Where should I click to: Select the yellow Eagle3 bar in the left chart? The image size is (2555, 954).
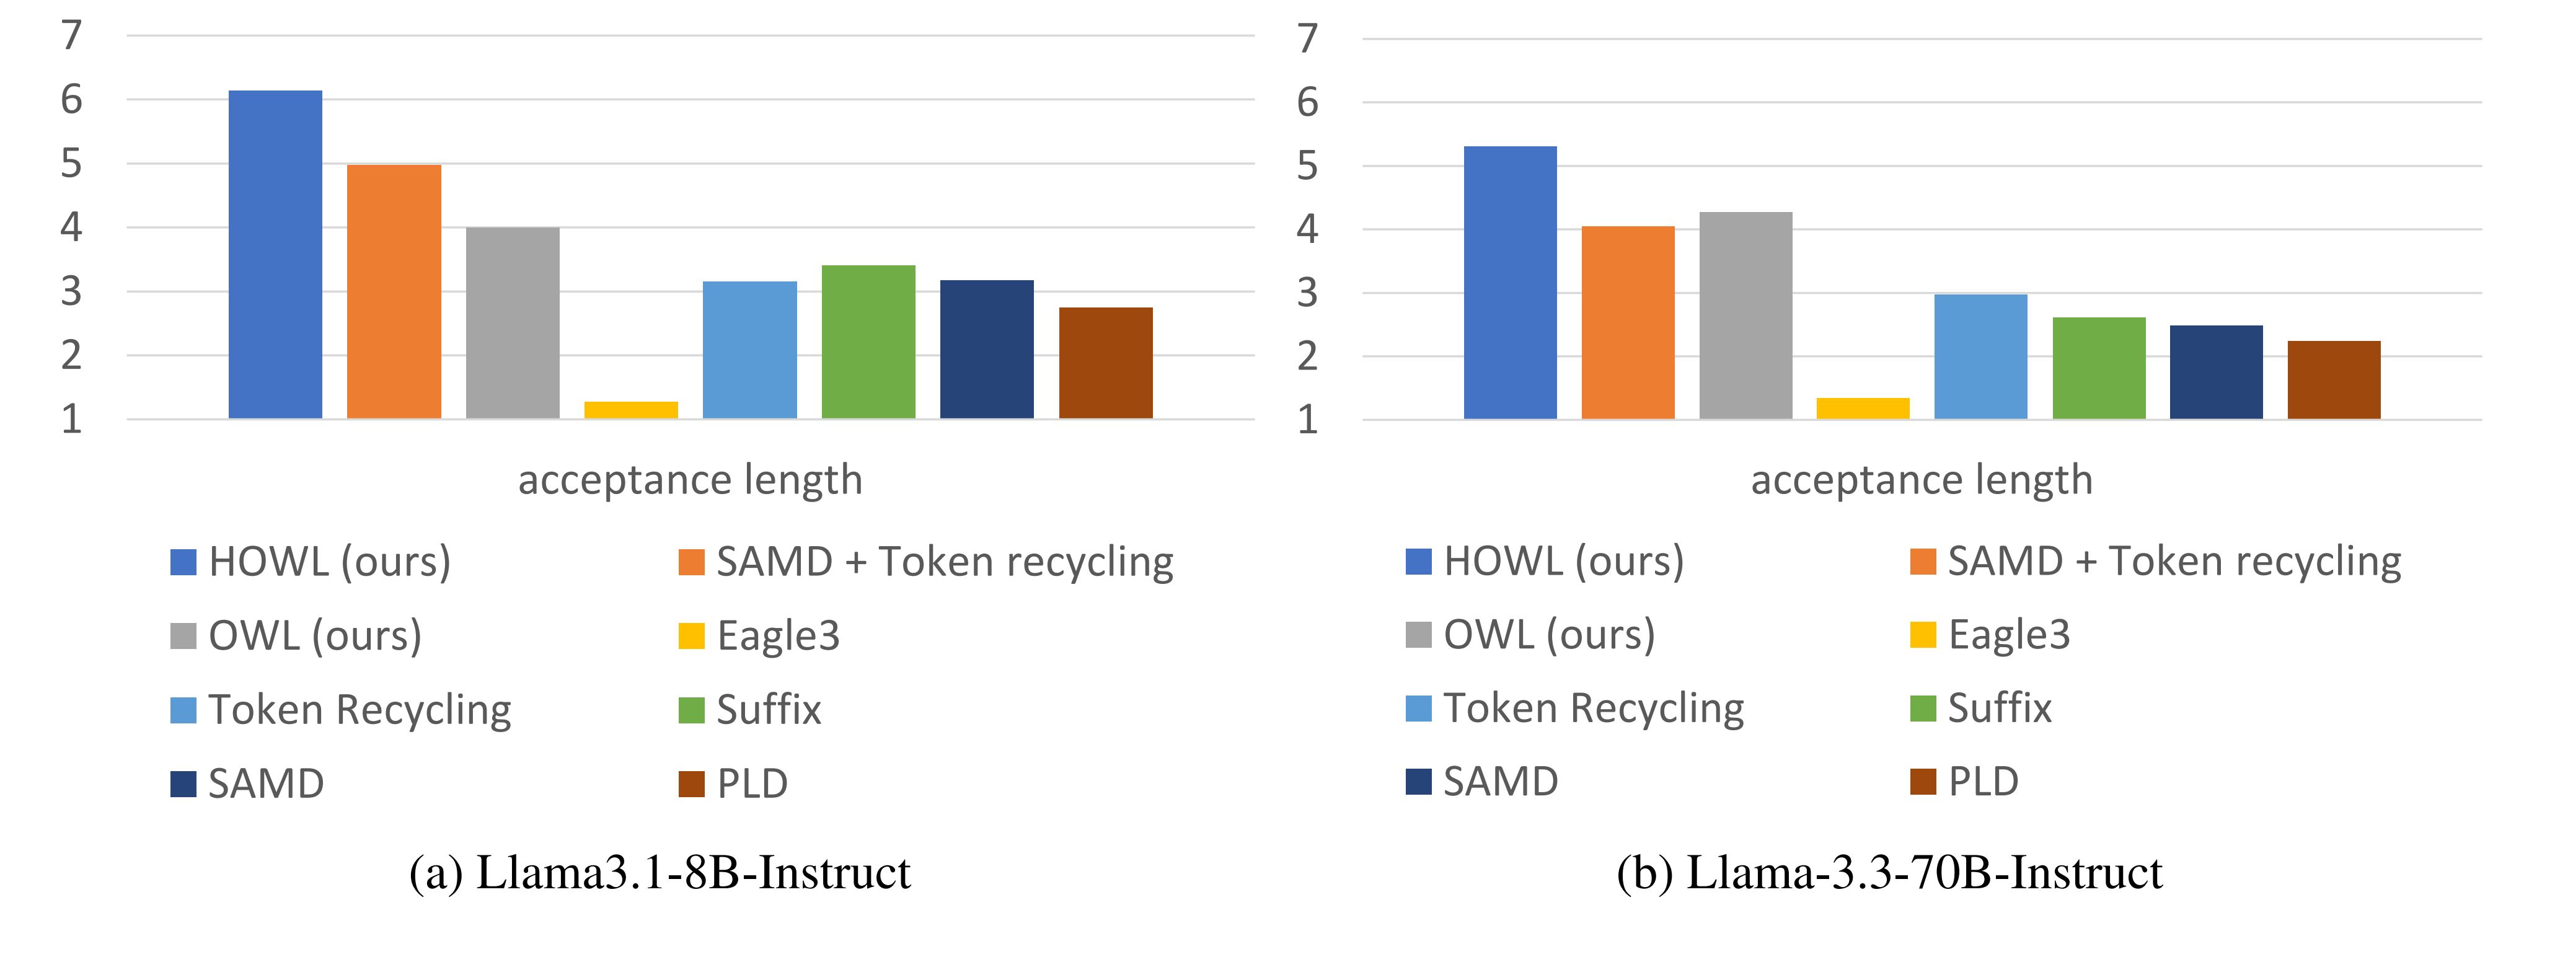click(631, 410)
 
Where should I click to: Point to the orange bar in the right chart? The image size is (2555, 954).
click(1628, 322)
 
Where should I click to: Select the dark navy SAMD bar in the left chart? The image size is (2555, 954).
click(986, 349)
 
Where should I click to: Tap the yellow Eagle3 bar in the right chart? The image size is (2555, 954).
click(1863, 408)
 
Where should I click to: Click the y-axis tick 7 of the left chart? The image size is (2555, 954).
click(71, 36)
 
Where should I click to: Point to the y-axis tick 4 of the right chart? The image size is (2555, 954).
click(1307, 229)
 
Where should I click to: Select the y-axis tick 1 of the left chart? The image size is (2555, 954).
click(71, 420)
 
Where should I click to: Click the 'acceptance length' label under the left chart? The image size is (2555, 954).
click(691, 480)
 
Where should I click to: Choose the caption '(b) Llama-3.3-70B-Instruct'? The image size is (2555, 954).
click(1889, 873)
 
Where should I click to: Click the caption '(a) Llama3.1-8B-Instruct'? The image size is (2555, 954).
click(660, 873)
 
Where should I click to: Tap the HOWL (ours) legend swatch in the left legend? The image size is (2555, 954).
click(183, 562)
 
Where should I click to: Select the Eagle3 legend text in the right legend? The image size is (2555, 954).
click(2008, 635)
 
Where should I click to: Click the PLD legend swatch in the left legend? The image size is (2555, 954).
click(691, 784)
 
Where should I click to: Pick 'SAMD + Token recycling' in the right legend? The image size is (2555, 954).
click(2174, 561)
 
